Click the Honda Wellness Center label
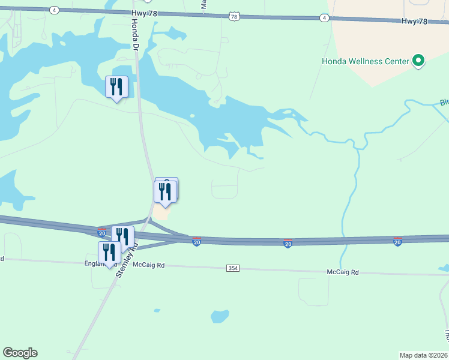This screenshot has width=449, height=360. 365,61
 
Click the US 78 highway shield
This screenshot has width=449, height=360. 234,17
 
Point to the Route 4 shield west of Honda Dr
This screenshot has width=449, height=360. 55,10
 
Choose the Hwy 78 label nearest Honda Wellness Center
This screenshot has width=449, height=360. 414,22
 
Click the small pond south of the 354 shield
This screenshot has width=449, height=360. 220,316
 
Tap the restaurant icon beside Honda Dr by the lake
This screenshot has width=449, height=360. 116,87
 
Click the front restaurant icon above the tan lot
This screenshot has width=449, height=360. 164,192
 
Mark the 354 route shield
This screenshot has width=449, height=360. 234,268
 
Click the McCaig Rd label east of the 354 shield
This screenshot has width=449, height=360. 342,272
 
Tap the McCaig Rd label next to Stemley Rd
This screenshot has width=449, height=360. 148,265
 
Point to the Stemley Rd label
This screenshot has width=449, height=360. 127,259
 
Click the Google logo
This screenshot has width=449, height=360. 20,353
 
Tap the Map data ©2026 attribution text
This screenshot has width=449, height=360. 423,355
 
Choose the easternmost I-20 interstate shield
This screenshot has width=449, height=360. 397,242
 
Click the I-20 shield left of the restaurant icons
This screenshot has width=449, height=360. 102,232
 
